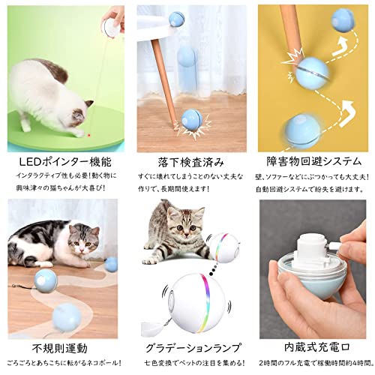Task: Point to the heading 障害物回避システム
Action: coord(312,160)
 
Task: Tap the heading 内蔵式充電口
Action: coord(311,348)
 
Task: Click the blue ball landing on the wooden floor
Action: coord(189,120)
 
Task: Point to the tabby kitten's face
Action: coord(178,225)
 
